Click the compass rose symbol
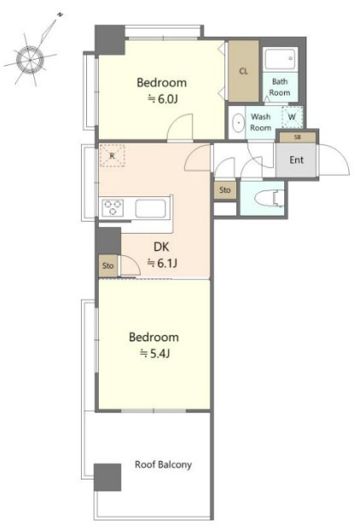[31, 60]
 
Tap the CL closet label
[243, 71]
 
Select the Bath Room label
[280, 87]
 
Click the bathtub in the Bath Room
[281, 60]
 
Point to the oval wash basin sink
[239, 122]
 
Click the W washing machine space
[292, 117]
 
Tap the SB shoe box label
[297, 137]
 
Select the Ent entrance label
[296, 160]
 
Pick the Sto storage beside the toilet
[225, 190]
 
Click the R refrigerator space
[113, 155]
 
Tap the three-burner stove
[113, 207]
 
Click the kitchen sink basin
[150, 208]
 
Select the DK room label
[161, 247]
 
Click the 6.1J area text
[162, 263]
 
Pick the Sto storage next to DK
[108, 266]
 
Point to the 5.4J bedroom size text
[154, 353]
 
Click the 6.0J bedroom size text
[163, 99]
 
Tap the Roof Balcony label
[163, 464]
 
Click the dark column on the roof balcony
[107, 477]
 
